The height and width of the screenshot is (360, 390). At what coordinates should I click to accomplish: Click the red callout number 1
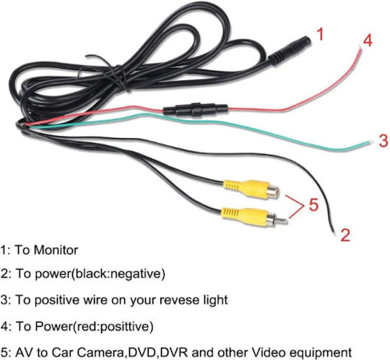click(321, 34)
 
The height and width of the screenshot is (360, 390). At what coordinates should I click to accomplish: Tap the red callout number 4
click(368, 40)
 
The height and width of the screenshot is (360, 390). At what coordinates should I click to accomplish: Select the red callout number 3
click(383, 140)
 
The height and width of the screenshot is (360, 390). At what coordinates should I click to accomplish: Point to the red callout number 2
click(345, 235)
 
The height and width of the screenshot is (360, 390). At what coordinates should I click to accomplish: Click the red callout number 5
click(314, 205)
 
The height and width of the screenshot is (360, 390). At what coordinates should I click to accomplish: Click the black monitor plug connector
click(290, 51)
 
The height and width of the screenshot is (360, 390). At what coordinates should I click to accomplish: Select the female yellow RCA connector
click(251, 189)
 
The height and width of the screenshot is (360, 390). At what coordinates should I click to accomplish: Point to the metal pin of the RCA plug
click(282, 220)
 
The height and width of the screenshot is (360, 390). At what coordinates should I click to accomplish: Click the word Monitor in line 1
click(56, 250)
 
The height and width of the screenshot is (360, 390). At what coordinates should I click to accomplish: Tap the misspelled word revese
click(176, 300)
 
